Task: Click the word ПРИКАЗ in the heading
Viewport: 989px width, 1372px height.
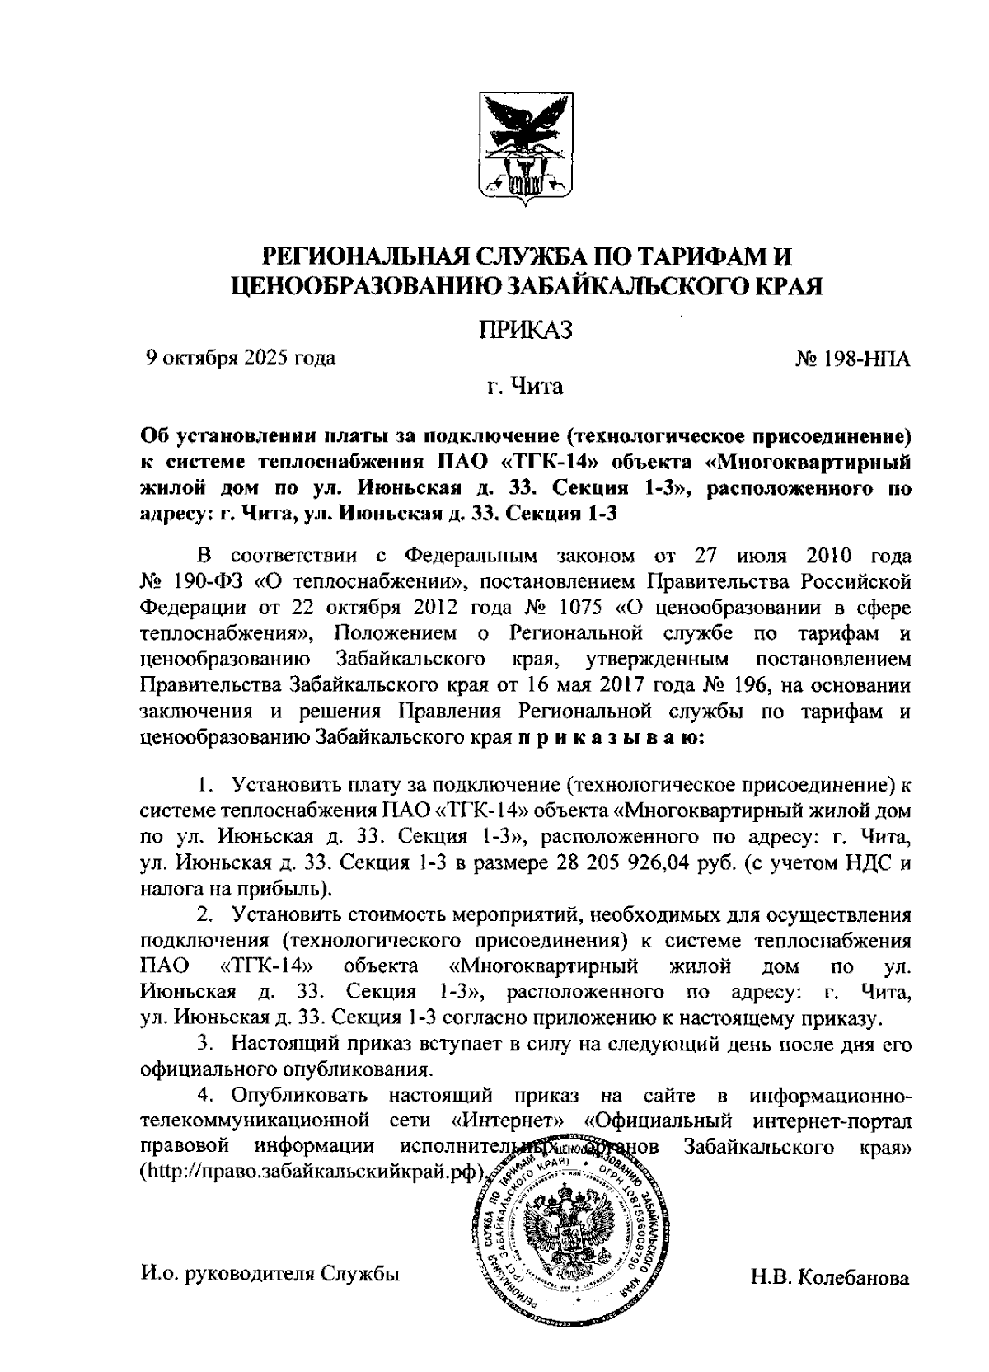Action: [525, 330]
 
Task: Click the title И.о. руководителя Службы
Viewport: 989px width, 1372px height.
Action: [270, 1273]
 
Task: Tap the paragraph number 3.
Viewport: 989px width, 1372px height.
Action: [204, 1045]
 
